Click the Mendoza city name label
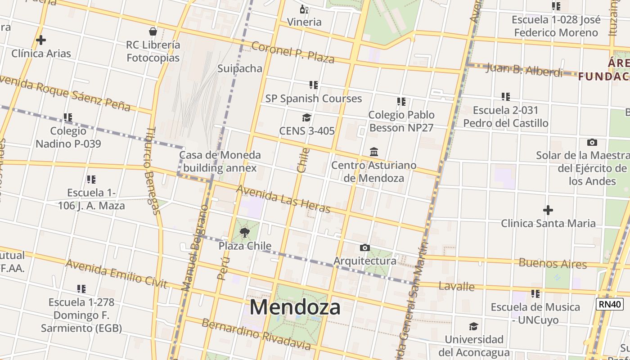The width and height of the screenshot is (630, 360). tap(295, 307)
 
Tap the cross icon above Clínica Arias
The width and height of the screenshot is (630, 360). tap(41, 40)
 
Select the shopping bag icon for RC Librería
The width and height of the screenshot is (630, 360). tap(153, 31)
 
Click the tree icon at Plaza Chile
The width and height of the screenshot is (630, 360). tap(245, 233)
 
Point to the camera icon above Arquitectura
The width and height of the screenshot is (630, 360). tap(365, 247)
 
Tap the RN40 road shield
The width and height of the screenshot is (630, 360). tap(610, 304)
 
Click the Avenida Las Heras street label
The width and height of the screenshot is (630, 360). tap(283, 199)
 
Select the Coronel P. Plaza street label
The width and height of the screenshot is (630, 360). tap(292, 52)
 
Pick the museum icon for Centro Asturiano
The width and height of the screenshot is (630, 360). tap(374, 152)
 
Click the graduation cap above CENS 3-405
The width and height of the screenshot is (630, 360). tap(306, 118)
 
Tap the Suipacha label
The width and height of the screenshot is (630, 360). tap(240, 68)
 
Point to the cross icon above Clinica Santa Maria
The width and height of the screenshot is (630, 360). tap(548, 210)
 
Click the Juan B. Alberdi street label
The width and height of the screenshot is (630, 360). tap(524, 70)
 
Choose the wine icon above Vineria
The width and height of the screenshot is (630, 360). tap(304, 9)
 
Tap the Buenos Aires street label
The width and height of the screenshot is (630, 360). tap(553, 263)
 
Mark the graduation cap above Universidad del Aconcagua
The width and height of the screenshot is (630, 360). tap(473, 326)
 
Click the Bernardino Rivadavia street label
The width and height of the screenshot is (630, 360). tap(256, 334)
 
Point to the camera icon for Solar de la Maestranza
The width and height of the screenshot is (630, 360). tap(592, 143)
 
